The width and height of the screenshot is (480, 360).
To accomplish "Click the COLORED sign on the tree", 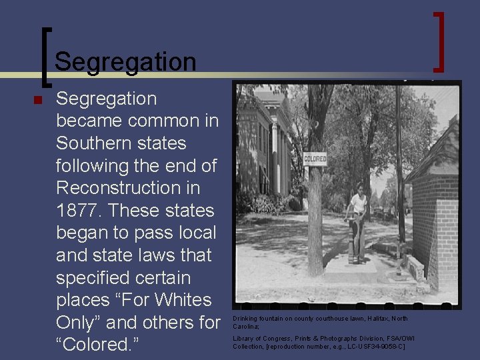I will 315,159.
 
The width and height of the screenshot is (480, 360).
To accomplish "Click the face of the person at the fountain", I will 361,190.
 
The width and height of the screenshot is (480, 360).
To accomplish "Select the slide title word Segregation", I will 125,62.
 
